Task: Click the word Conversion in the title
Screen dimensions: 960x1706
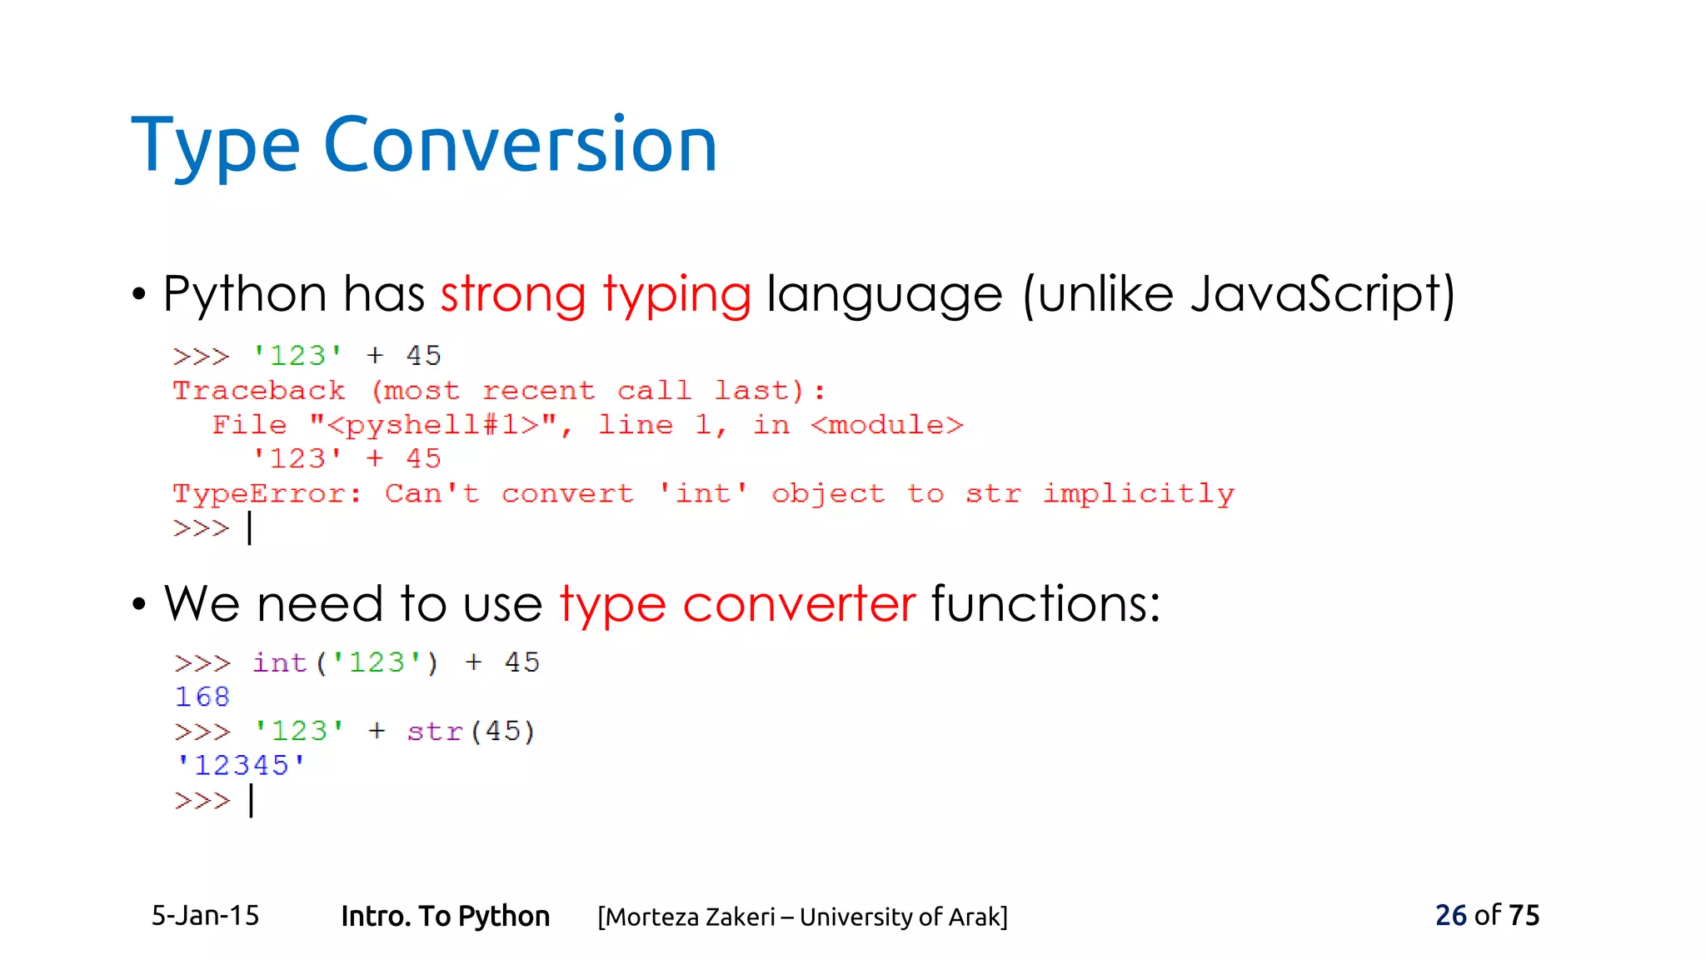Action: tap(520, 145)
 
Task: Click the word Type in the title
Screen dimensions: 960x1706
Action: tap(215, 147)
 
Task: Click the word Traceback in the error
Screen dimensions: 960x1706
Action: tap(258, 390)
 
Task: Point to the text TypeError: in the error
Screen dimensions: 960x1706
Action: tap(267, 493)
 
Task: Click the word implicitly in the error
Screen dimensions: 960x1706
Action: tap(1138, 493)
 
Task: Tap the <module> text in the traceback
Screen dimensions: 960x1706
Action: tap(886, 425)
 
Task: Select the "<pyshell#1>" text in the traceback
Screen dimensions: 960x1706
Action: tap(433, 425)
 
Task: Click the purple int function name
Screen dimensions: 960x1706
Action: tap(280, 662)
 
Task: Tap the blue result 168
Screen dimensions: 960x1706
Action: tap(202, 697)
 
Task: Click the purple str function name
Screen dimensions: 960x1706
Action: tap(434, 732)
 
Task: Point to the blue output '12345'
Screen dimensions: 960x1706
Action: tap(241, 765)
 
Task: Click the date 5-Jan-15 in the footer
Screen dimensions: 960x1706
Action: tap(205, 915)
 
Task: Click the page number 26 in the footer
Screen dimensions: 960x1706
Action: tap(1450, 915)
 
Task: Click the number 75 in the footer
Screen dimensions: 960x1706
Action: tap(1524, 915)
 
